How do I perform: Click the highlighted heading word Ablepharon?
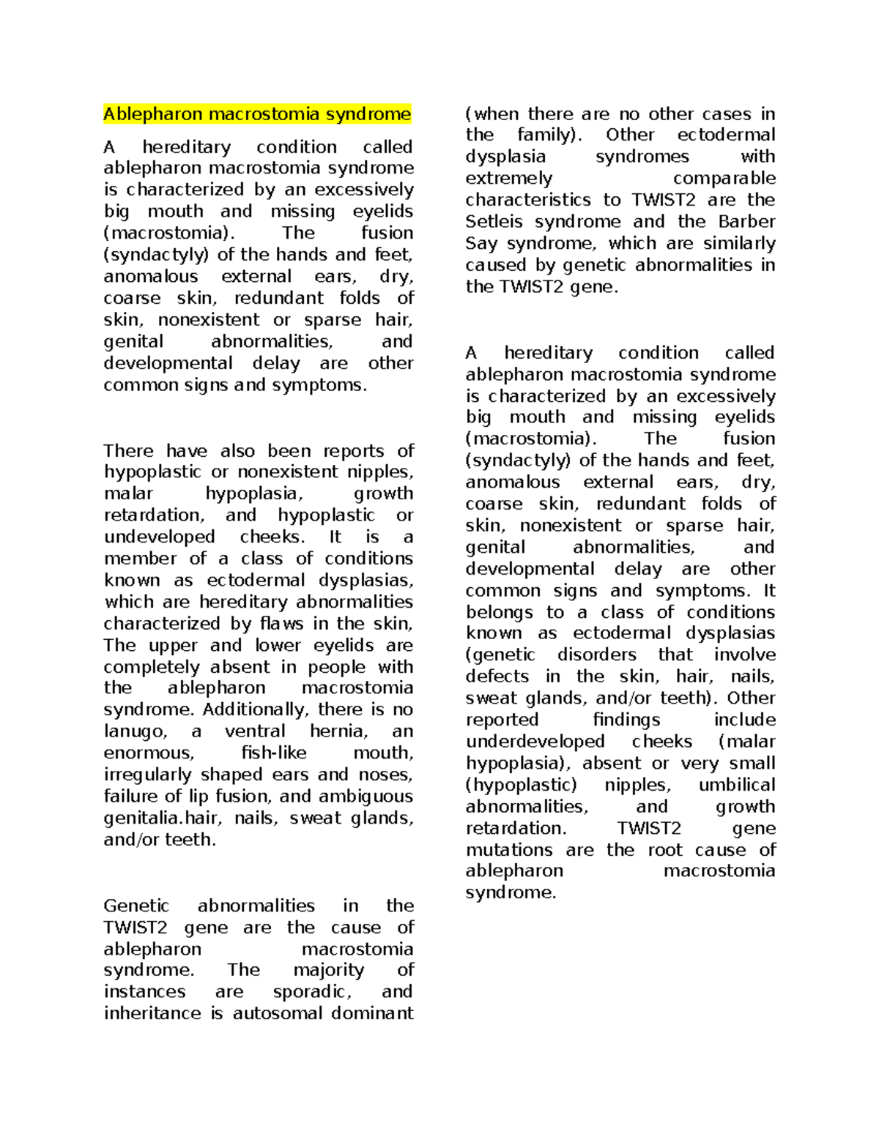(x=153, y=114)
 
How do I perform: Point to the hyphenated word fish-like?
(x=273, y=753)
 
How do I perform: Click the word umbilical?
(x=736, y=786)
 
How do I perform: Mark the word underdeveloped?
(x=535, y=742)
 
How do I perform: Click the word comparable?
(x=724, y=179)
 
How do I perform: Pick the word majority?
(x=328, y=970)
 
